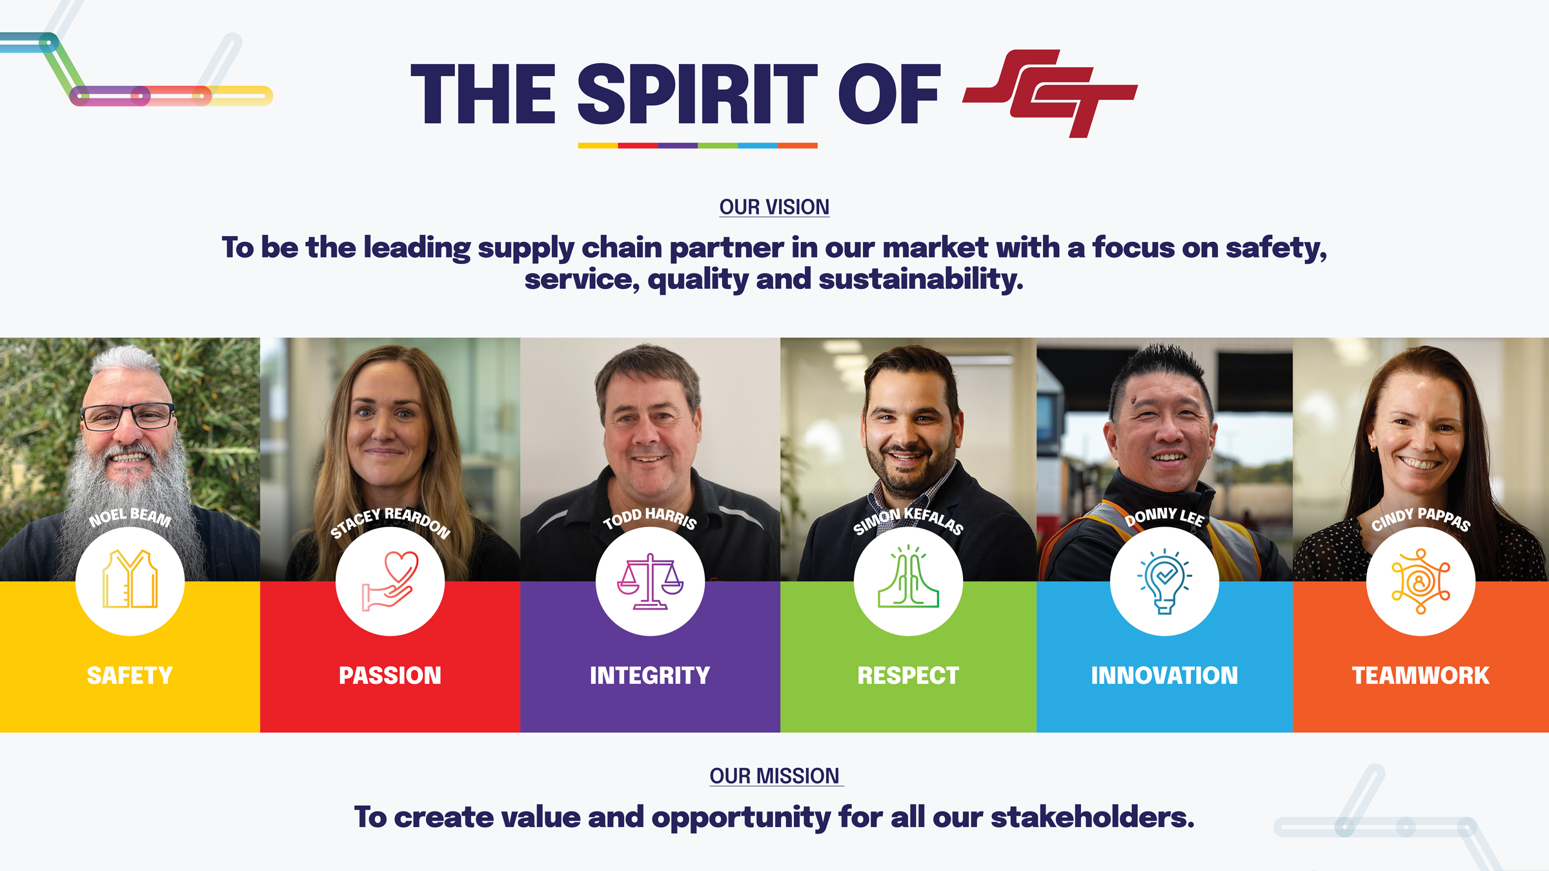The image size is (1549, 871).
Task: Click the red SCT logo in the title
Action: tap(1050, 93)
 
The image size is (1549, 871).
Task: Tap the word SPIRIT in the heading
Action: tap(698, 94)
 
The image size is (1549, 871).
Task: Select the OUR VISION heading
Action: tap(774, 207)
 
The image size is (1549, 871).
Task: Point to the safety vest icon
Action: tap(130, 579)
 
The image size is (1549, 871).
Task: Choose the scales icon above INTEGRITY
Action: tap(650, 581)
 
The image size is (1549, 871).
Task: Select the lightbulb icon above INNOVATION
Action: tap(1165, 581)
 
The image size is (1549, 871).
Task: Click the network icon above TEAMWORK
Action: tap(1421, 581)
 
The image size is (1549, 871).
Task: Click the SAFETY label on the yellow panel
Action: tap(130, 676)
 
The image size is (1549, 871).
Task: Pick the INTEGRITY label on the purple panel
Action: tap(650, 676)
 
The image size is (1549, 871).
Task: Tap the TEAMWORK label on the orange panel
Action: tap(1421, 676)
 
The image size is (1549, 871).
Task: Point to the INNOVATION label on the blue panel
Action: tap(1164, 676)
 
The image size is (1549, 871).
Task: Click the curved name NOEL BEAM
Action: tap(130, 516)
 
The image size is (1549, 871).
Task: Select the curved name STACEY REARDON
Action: tap(390, 519)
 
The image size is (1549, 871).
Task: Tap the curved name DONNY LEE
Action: tap(1164, 516)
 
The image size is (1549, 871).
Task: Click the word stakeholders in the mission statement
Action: tap(1093, 817)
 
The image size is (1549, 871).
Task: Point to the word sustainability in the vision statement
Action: tap(921, 279)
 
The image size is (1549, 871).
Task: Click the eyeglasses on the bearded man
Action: tap(128, 417)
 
